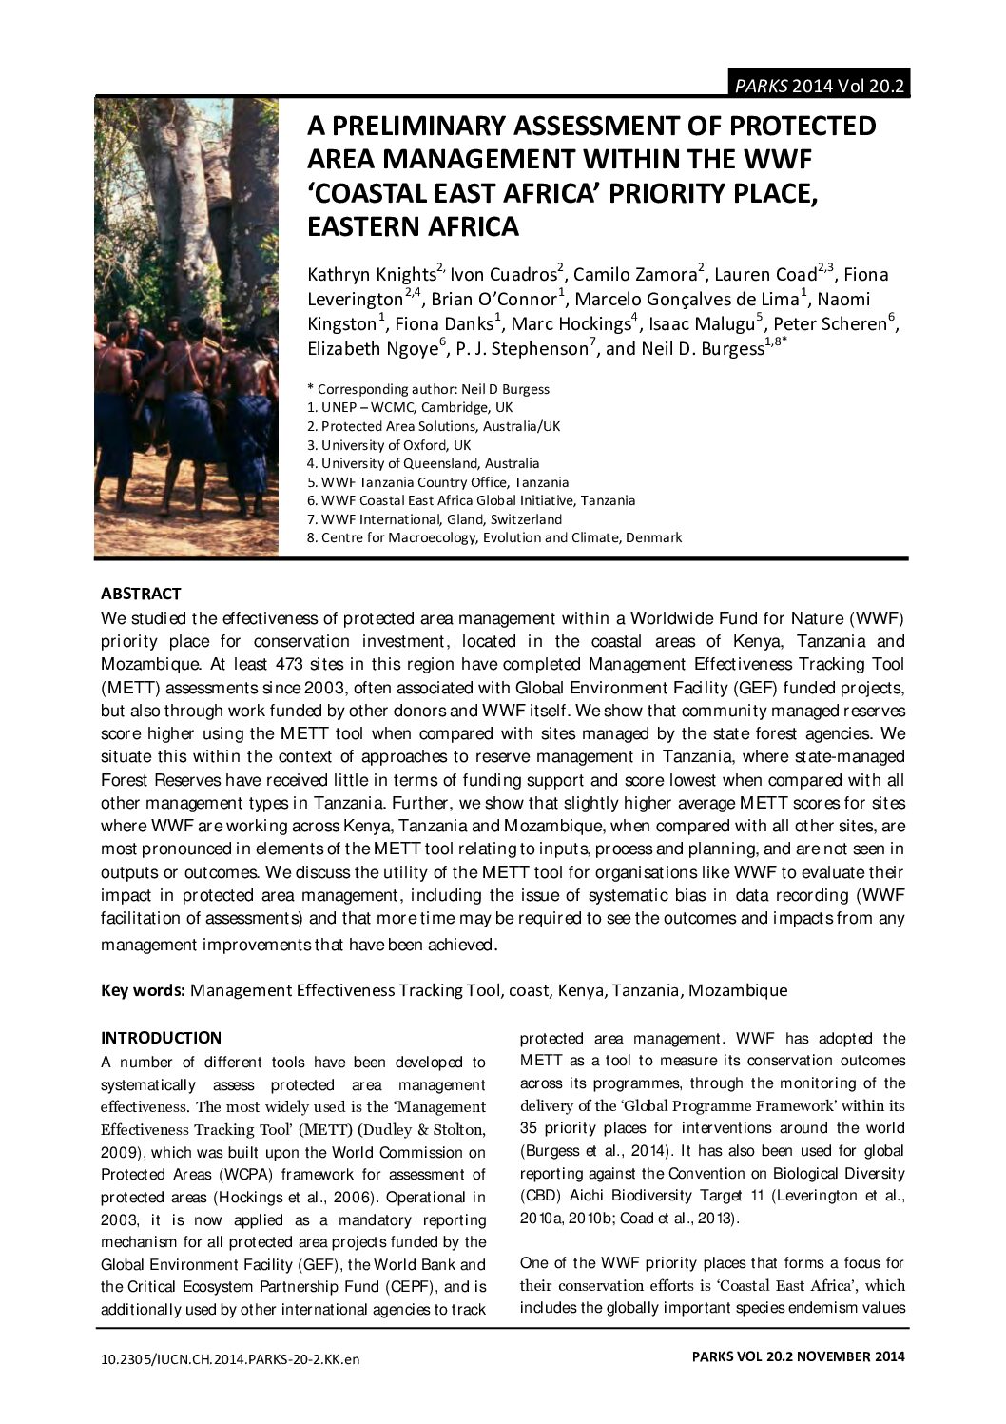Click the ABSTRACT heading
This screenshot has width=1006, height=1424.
[x=141, y=595]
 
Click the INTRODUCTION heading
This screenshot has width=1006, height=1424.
[x=161, y=1038]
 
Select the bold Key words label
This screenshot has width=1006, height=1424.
[x=144, y=990]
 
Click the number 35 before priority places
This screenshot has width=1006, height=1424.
[x=531, y=1128]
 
